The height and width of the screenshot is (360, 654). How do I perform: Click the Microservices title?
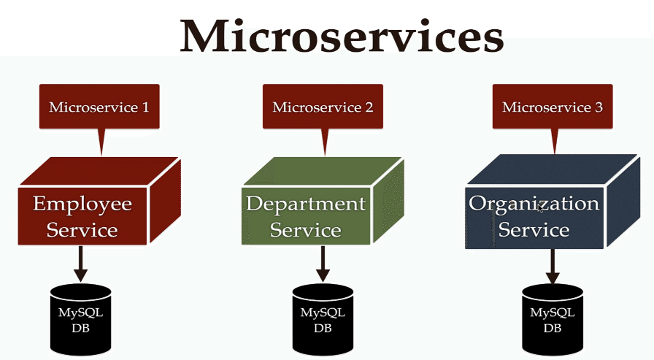pos(342,36)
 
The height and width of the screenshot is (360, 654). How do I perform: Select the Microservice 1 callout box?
pos(99,107)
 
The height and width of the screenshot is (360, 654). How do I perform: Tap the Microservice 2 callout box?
pos(323,107)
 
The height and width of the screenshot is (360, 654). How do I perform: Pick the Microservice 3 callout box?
pos(553,107)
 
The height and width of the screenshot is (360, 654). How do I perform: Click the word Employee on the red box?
pos(82,204)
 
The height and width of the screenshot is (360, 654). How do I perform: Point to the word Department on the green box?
pos(306,204)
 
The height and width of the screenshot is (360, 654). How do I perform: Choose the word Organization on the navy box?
pos(534,204)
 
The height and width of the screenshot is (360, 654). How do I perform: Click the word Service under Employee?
pos(82,230)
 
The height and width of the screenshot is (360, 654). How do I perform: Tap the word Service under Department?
pos(306,230)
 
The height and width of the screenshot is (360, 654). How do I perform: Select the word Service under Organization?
pos(534,230)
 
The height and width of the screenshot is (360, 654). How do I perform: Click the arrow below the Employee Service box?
pos(80,264)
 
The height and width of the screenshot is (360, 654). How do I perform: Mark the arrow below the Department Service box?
pos(323,264)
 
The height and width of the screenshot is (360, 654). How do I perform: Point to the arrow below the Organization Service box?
pos(553,266)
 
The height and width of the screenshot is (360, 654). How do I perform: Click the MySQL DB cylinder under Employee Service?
pos(80,319)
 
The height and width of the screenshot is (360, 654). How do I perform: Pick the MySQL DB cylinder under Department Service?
pos(323,319)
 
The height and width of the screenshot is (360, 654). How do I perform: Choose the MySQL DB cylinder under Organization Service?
pos(553,319)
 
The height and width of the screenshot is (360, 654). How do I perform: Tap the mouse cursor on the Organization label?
pos(540,207)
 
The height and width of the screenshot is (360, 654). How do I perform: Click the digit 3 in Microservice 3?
pos(599,107)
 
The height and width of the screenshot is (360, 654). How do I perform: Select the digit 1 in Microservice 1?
pos(145,107)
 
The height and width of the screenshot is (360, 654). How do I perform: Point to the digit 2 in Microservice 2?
pos(369,107)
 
